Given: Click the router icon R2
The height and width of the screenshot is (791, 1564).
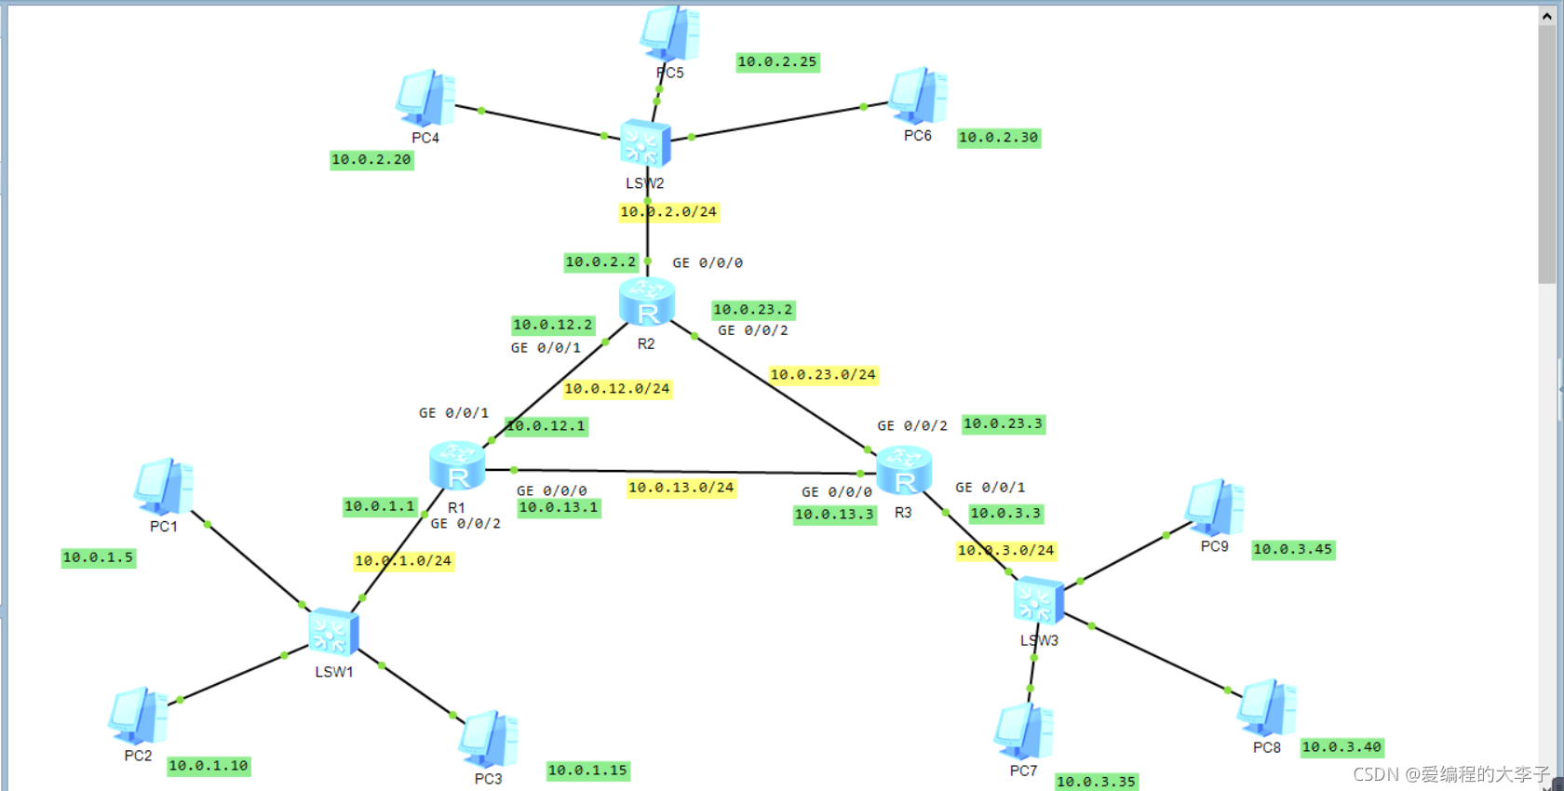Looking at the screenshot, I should [647, 302].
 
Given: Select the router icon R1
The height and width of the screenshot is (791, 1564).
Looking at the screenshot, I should [457, 465].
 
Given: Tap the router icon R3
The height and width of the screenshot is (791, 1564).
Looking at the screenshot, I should [904, 469].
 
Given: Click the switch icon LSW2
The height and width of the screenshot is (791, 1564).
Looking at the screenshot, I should [645, 144].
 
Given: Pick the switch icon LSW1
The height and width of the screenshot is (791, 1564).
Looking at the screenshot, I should [333, 633].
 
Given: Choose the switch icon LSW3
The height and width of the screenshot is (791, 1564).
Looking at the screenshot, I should [1038, 601].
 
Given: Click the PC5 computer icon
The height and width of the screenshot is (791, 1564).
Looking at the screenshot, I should [669, 34].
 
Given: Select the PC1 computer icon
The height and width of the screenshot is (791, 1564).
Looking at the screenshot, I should [164, 486].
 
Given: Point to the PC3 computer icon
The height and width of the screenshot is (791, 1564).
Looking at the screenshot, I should [489, 740].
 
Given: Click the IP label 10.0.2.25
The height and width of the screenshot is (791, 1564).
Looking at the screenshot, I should [777, 62].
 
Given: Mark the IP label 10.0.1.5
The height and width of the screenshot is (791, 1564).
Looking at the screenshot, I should [99, 558].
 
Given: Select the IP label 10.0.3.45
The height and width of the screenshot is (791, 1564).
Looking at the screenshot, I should [1293, 550].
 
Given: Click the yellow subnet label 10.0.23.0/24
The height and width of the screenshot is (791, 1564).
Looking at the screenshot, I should [823, 375].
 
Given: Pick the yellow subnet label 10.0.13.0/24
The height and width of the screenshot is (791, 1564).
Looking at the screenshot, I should [681, 488].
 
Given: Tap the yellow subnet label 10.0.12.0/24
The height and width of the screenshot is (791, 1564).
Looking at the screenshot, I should [617, 389].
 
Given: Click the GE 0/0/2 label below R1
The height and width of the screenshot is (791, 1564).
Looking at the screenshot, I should [465, 524].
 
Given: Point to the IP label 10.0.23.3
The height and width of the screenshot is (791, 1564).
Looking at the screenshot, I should [1003, 424].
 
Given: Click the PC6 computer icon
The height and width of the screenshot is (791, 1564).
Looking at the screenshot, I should [918, 96].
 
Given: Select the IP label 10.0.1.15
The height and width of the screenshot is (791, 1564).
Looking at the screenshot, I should [587, 771].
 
